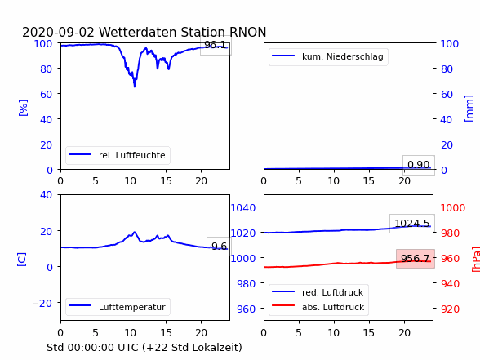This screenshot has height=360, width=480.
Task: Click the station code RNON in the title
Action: [x=247, y=32]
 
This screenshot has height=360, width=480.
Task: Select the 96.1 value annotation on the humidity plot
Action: [x=216, y=45]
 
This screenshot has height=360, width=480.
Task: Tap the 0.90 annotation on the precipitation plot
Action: [x=419, y=165]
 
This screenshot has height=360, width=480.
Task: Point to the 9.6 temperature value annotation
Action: [x=219, y=247]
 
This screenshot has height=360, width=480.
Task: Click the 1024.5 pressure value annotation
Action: [x=412, y=224]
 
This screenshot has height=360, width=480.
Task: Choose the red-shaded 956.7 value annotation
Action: [x=416, y=259]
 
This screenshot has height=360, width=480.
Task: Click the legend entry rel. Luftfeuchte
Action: [x=118, y=155]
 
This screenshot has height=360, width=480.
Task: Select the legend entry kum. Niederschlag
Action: [x=328, y=56]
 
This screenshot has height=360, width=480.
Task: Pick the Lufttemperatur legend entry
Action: [x=118, y=307]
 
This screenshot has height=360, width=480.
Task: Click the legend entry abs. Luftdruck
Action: [x=318, y=307]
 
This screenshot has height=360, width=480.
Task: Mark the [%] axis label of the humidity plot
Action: [x=23, y=108]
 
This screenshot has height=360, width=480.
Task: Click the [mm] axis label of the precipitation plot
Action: [x=469, y=109]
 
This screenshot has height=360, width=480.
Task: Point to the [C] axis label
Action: [x=22, y=260]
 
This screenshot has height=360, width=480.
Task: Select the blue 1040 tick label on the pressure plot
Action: [x=243, y=208]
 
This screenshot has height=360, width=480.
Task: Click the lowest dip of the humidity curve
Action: [x=135, y=87]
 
